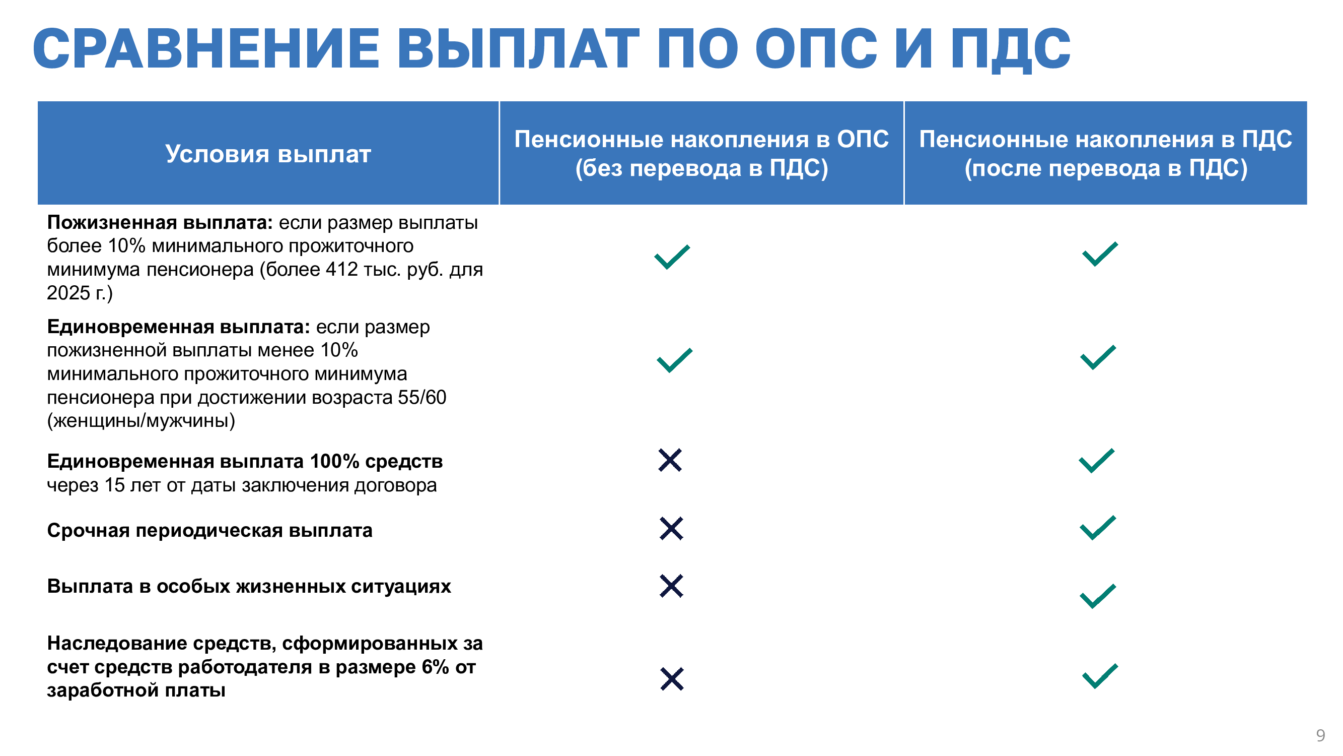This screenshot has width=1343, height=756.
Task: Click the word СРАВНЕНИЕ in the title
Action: coord(206,48)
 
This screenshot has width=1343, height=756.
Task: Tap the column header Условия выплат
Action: coord(268,154)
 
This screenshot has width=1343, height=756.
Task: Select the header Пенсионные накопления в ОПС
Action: coord(701,139)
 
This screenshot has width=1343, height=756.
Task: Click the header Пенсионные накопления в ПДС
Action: coord(1105,139)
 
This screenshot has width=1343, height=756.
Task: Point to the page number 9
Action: coord(1320,735)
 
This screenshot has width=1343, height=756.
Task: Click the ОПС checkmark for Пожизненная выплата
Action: coord(672,257)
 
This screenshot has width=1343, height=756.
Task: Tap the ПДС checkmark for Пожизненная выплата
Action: coord(1100,254)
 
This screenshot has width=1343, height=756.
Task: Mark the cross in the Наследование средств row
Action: coord(672,679)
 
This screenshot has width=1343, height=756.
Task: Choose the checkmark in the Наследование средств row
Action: coord(1100,676)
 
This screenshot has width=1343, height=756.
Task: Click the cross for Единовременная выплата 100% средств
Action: coord(670,460)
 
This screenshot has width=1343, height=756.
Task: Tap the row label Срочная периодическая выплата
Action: coord(209,531)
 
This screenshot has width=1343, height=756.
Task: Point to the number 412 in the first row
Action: coord(342,269)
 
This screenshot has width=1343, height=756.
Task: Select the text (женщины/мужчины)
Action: coord(141,420)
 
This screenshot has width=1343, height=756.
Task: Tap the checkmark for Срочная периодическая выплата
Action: coord(1098,528)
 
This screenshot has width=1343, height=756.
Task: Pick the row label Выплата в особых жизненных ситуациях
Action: coord(249,587)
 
